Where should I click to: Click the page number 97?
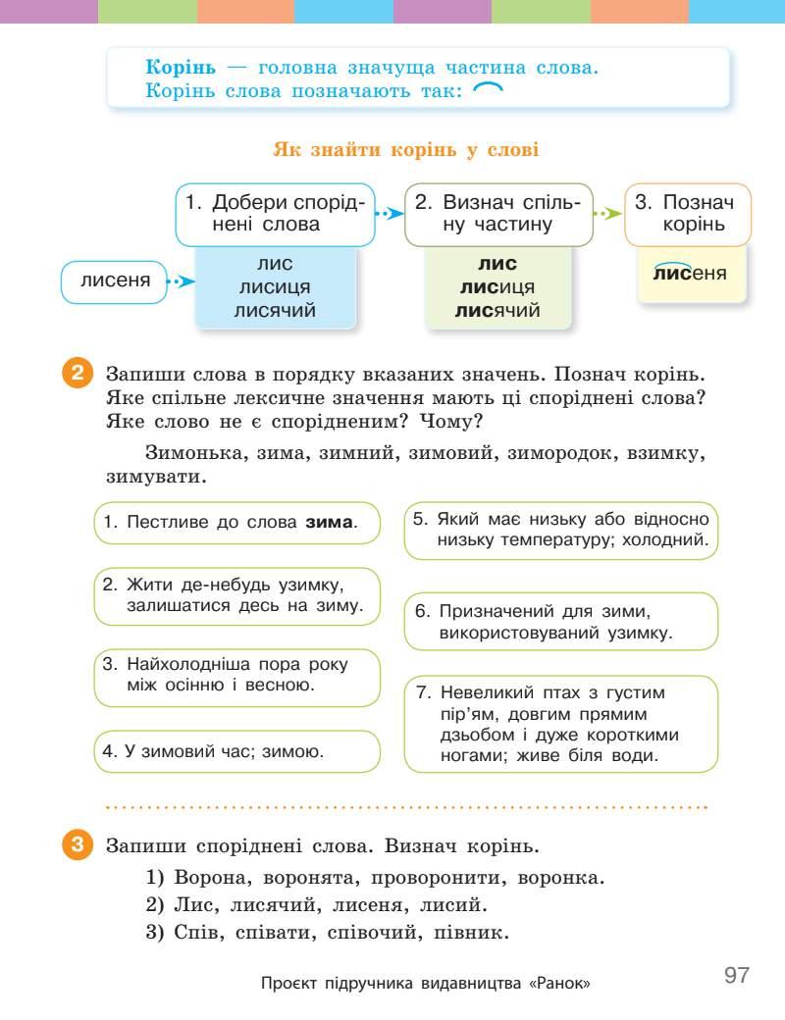click(x=736, y=976)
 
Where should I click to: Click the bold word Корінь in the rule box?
click(x=181, y=69)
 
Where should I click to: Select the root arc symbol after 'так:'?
click(x=488, y=90)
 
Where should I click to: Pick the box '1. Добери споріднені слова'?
click(x=275, y=213)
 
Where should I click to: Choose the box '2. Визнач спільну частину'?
click(x=498, y=213)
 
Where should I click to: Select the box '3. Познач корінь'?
click(x=687, y=213)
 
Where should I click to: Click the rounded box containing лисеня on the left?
click(x=109, y=281)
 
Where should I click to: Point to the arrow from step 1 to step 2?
click(x=391, y=213)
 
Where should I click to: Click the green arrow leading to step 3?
click(x=609, y=213)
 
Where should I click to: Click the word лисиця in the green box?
click(x=497, y=287)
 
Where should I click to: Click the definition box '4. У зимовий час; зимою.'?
click(x=236, y=752)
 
